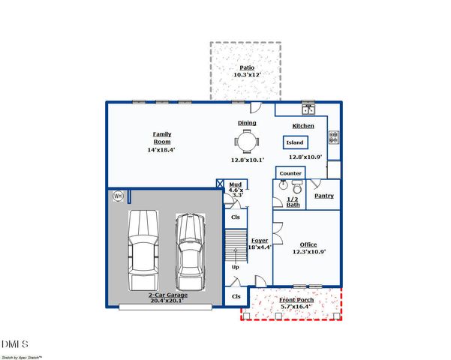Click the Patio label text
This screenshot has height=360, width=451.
point(245,67)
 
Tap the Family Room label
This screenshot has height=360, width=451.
point(162,138)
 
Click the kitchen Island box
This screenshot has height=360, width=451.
point(296,142)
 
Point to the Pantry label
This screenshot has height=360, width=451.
point(324,196)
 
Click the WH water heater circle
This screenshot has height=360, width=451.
point(118,196)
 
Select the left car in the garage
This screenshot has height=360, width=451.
point(143,250)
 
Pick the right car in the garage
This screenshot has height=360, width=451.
point(190,253)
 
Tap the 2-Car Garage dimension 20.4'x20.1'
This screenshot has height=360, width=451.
point(167,301)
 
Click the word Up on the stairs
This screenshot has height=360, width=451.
point(235,266)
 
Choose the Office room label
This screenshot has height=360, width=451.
point(308,245)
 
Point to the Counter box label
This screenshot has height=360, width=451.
point(290,173)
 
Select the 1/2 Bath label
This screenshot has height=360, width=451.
point(293,202)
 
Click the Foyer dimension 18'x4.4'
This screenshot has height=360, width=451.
point(260,247)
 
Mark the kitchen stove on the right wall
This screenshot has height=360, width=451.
point(334,137)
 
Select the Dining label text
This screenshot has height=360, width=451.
point(247,123)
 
